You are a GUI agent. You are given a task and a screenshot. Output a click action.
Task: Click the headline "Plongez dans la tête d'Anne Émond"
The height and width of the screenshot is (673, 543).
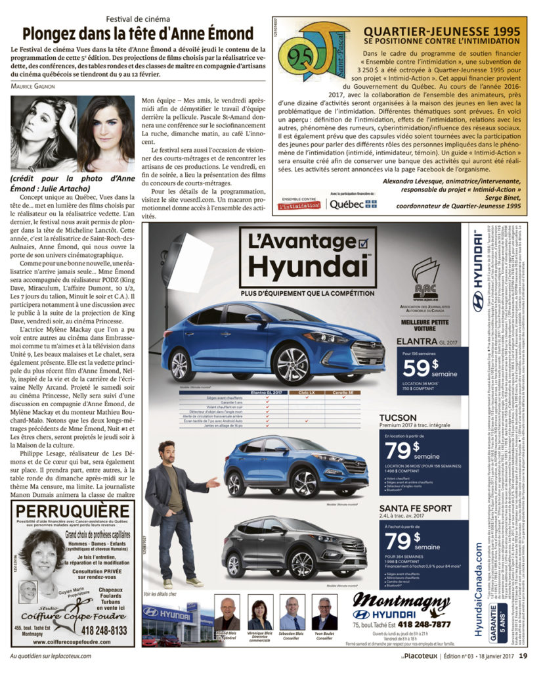(x=137, y=34)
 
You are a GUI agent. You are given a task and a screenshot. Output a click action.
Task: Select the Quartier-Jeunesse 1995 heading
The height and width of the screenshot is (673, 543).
(x=443, y=30)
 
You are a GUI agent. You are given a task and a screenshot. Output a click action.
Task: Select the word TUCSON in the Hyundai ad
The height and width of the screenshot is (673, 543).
(x=398, y=417)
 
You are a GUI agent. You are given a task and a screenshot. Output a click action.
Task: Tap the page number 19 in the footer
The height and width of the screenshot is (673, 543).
(x=523, y=655)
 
